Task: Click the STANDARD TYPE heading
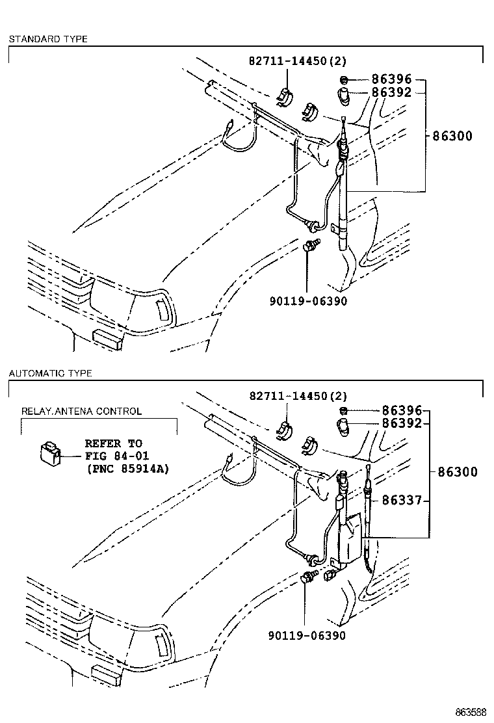47,39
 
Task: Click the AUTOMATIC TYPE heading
50,373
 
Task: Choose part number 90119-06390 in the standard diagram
307,301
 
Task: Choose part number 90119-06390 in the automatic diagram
307,635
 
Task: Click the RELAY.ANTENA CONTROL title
81,411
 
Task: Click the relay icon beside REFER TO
49,452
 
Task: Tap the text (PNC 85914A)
127,468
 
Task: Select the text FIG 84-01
114,456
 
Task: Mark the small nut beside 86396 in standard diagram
343,80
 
